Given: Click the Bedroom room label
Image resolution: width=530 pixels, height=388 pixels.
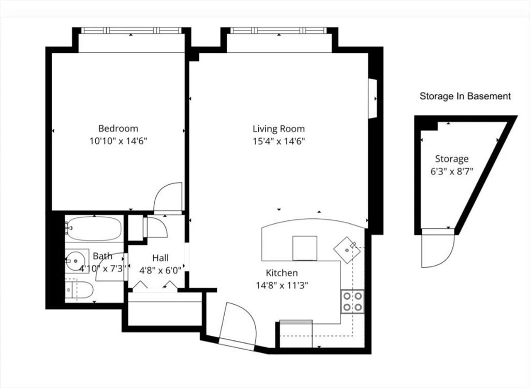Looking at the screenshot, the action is pyautogui.click(x=118, y=128).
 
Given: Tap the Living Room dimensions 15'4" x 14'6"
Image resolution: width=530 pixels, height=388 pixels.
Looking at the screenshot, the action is pyautogui.click(x=279, y=141).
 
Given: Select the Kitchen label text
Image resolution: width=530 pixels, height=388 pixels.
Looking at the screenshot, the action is pyautogui.click(x=282, y=273).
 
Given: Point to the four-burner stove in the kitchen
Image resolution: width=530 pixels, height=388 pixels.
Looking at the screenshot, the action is pyautogui.click(x=352, y=301).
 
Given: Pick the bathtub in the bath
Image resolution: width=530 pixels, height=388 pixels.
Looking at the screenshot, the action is pyautogui.click(x=94, y=229).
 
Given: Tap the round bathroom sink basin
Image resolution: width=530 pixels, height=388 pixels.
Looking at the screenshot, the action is pyautogui.click(x=75, y=261).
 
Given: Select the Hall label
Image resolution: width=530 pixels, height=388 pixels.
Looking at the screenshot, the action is pyautogui.click(x=160, y=258).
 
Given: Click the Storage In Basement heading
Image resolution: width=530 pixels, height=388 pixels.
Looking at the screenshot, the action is pyautogui.click(x=465, y=96).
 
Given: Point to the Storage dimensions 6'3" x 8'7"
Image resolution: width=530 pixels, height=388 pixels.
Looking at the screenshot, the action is pyautogui.click(x=451, y=171).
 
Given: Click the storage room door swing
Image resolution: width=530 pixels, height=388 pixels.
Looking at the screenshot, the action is pyautogui.click(x=438, y=248).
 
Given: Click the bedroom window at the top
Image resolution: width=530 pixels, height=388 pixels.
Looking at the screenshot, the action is pyautogui.click(x=132, y=31).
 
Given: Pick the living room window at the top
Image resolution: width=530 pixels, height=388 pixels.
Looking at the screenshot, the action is pyautogui.click(x=279, y=31).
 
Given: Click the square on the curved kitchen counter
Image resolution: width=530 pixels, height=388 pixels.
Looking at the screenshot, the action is pyautogui.click(x=304, y=248).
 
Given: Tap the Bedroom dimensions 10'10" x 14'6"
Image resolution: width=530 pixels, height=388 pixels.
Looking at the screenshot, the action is pyautogui.click(x=119, y=141).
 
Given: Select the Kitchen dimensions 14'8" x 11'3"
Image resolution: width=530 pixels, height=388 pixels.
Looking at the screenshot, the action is pyautogui.click(x=282, y=286).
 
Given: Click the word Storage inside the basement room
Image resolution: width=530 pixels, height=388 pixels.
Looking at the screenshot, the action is pyautogui.click(x=451, y=159).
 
